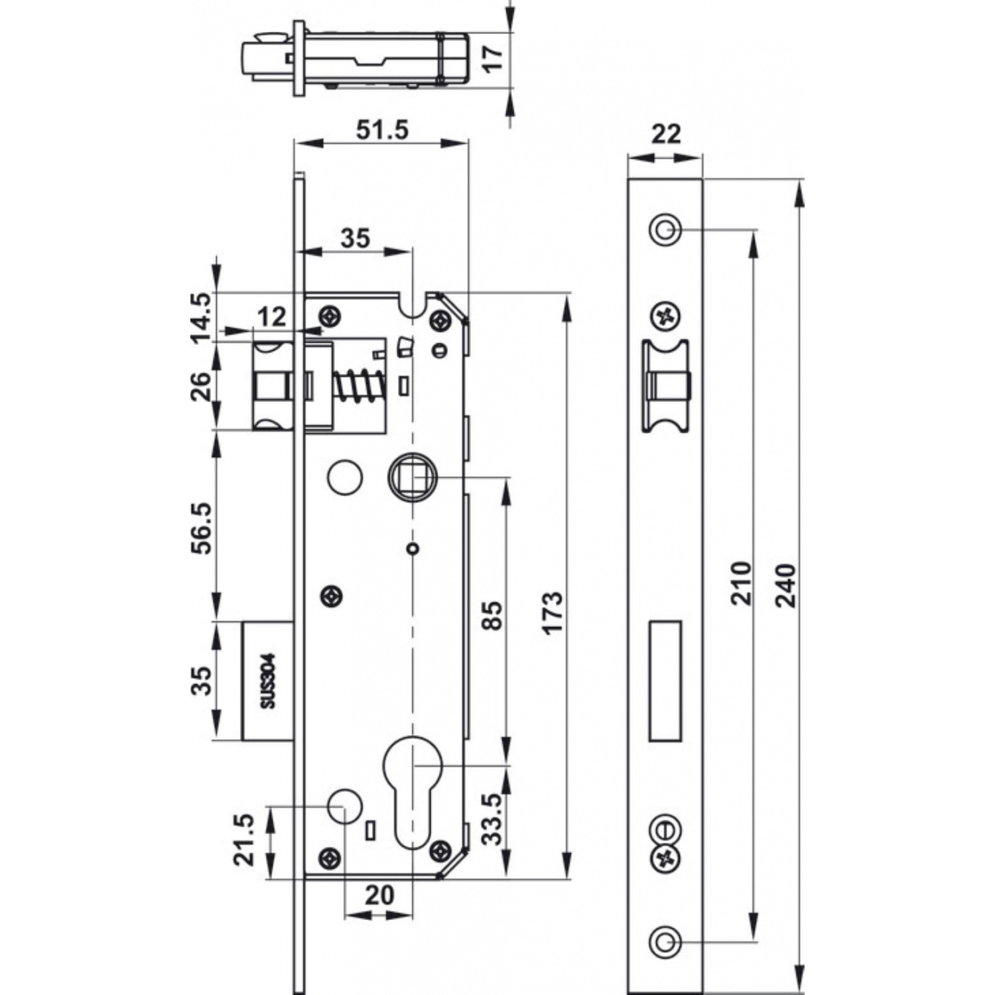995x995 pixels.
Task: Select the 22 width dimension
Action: [x=665, y=134]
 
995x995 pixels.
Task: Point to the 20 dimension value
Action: [x=379, y=895]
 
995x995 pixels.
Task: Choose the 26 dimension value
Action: [x=202, y=386]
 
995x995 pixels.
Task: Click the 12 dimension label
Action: [x=272, y=316]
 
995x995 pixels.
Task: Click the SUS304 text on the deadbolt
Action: [x=267, y=681]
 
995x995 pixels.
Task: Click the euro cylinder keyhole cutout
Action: [x=412, y=786]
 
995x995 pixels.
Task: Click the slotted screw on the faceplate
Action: [x=664, y=830]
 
